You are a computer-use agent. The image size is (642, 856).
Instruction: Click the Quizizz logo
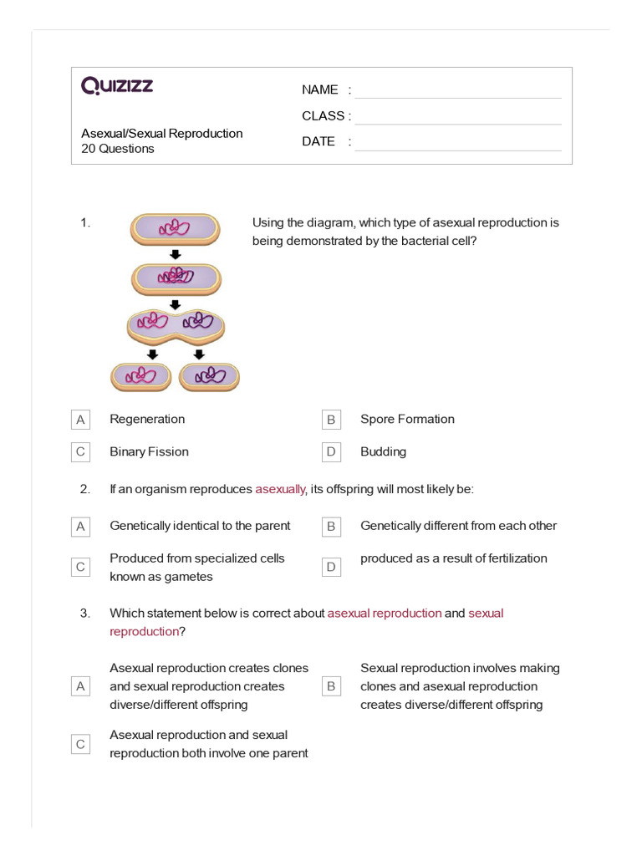117,85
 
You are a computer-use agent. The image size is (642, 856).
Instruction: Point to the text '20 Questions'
118,149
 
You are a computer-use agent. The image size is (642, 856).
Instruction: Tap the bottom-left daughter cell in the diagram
141,376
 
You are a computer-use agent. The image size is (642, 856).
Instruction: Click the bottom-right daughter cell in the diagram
209,376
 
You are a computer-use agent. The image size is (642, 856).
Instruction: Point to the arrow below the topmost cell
176,254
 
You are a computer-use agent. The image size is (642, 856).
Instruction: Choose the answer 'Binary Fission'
149,452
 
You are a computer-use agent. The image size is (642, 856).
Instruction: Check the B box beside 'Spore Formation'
331,420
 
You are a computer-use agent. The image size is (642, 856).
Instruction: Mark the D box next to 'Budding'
331,452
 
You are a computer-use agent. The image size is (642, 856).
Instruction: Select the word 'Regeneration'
147,420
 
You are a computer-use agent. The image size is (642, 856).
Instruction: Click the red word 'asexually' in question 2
281,490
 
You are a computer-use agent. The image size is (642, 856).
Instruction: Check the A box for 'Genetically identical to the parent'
80,527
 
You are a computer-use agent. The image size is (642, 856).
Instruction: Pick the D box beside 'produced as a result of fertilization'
331,568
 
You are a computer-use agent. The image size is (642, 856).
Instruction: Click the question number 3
84,614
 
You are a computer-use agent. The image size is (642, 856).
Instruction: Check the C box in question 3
80,744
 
